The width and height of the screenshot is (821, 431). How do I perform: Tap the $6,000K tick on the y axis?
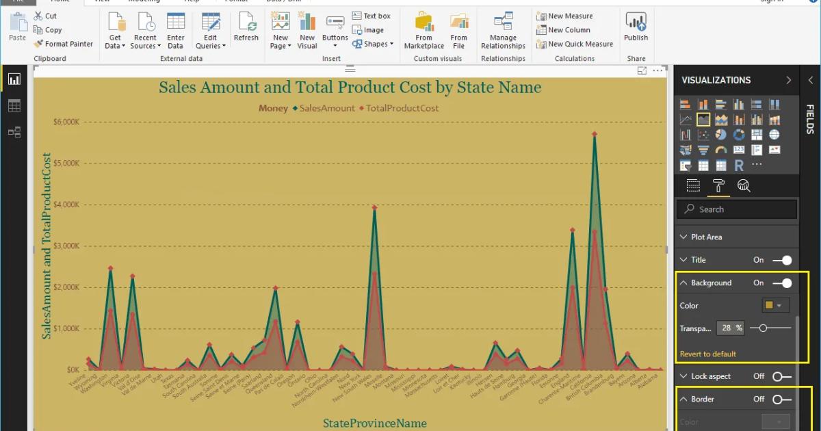click(x=66, y=122)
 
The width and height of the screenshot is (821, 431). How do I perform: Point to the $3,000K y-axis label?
click(x=66, y=246)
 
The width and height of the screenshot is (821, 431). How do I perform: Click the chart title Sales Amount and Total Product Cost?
click(x=350, y=88)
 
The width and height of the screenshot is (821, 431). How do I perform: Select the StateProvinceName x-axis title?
click(x=374, y=423)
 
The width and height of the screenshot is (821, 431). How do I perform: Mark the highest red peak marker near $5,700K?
click(x=595, y=135)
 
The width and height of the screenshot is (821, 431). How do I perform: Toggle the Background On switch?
click(x=782, y=283)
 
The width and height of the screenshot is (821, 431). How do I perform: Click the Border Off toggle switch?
click(x=782, y=400)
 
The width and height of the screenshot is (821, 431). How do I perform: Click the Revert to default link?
click(x=708, y=354)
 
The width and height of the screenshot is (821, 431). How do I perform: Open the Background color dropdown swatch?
click(x=775, y=306)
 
